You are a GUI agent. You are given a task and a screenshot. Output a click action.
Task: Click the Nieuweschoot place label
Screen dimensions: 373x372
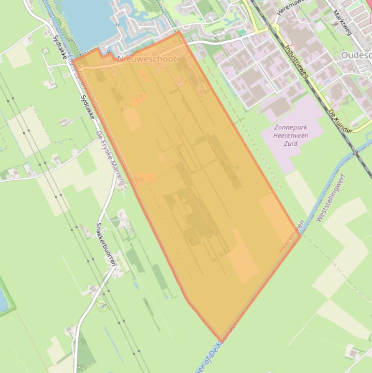(147, 59)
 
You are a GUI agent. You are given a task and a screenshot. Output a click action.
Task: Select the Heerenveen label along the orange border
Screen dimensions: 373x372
(291, 236)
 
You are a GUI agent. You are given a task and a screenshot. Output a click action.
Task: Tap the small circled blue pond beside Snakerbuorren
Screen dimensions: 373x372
(102, 306)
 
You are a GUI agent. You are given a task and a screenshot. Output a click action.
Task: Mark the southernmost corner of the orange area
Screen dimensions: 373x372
(219, 340)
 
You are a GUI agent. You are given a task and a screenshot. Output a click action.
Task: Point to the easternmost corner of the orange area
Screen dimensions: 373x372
(301, 235)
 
